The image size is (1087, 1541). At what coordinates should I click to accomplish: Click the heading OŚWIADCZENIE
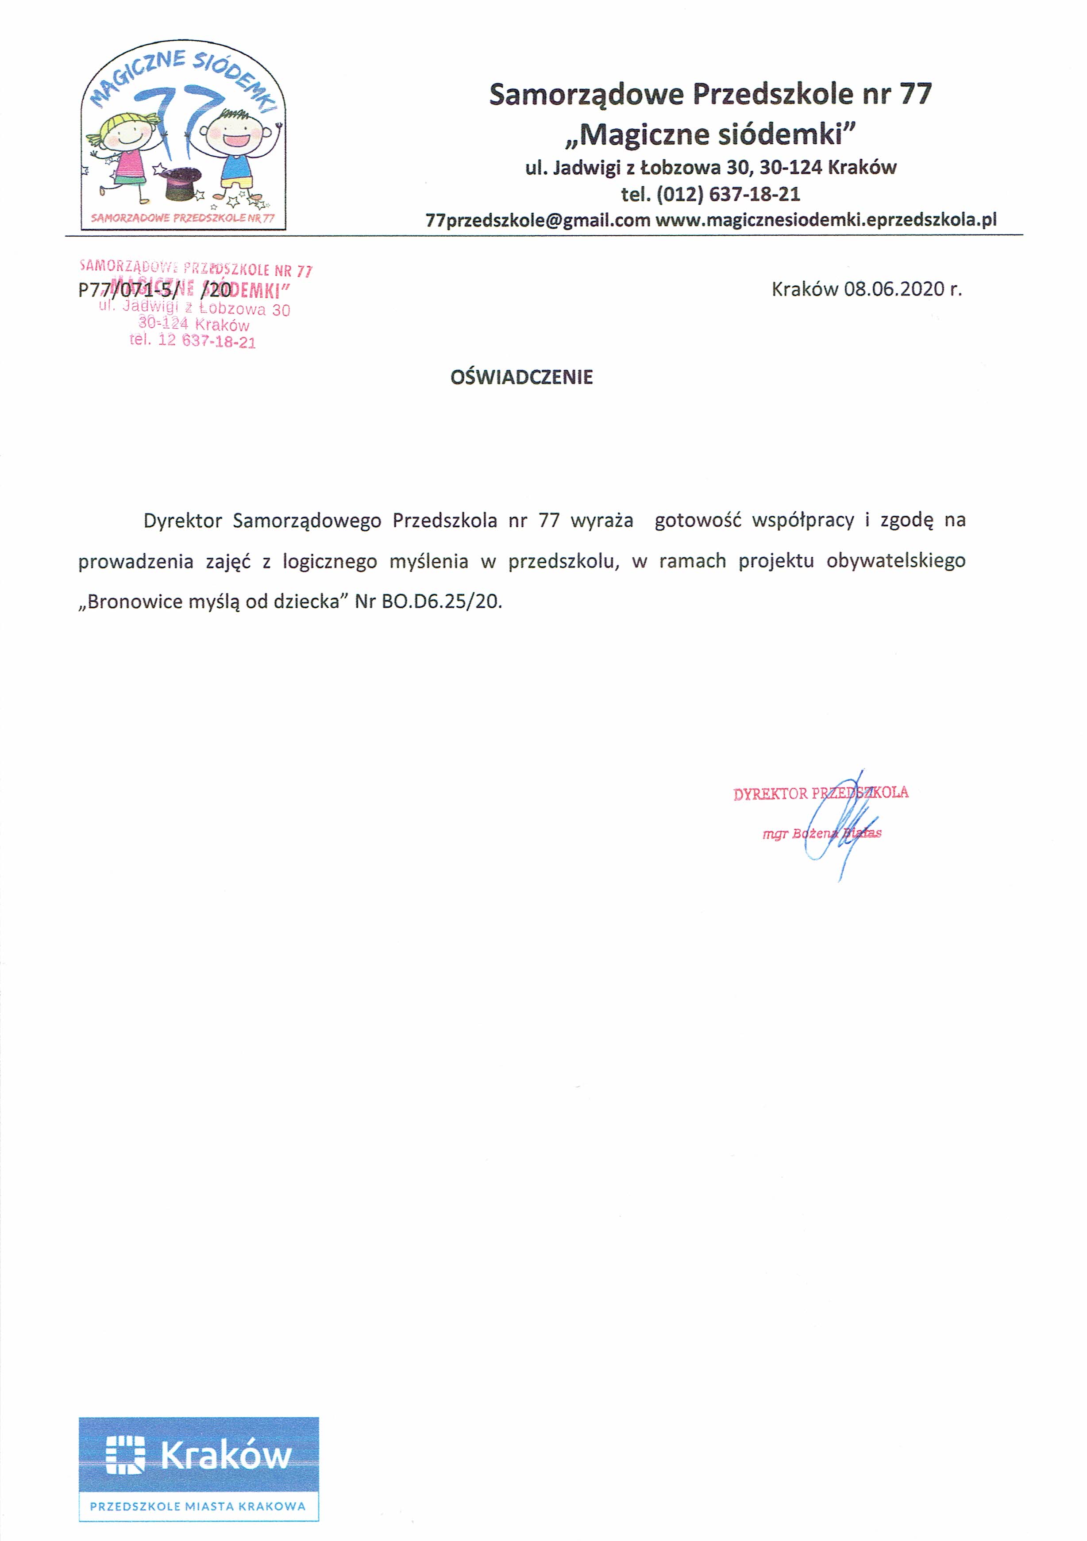[522, 377]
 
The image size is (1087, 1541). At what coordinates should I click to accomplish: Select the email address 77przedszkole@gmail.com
[538, 220]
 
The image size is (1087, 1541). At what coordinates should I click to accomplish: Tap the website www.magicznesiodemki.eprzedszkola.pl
[826, 220]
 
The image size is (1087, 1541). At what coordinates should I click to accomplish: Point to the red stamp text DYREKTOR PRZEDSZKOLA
[821, 793]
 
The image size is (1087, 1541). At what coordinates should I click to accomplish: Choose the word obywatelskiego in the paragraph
[896, 561]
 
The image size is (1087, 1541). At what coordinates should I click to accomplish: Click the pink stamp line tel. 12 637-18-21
[193, 341]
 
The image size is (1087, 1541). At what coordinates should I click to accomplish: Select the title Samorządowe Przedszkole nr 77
[710, 94]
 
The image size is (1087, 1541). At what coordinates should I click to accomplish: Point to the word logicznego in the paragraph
[330, 561]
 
